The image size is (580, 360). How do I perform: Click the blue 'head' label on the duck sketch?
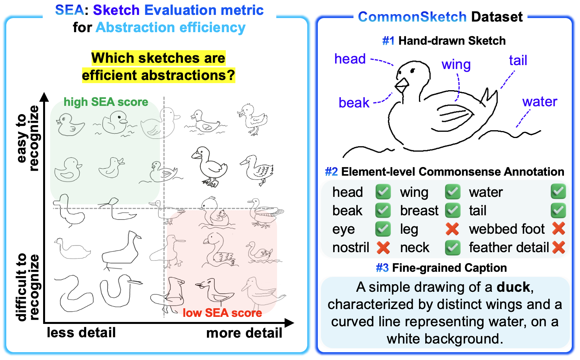point(350,59)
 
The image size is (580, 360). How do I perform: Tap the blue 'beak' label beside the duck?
point(354,103)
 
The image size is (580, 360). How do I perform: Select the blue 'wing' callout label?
point(456,64)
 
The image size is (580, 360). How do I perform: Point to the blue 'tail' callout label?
point(518,60)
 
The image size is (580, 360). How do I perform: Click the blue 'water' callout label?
point(539,102)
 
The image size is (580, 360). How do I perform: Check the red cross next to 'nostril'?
point(383,247)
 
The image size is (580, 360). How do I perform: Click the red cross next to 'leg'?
point(452,229)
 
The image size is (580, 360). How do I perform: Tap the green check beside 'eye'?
point(383,229)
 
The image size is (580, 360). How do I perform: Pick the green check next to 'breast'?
point(452,211)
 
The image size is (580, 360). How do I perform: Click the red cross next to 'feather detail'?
point(558,247)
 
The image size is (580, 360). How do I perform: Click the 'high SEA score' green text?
point(106,102)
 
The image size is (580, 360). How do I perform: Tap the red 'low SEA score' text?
point(222,313)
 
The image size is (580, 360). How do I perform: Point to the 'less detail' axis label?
point(81,333)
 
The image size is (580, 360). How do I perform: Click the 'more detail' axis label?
point(244,333)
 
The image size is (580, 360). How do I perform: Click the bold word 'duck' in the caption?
point(513,287)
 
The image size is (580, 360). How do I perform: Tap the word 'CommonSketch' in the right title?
point(412,17)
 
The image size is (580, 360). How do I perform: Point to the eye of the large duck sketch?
point(412,71)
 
